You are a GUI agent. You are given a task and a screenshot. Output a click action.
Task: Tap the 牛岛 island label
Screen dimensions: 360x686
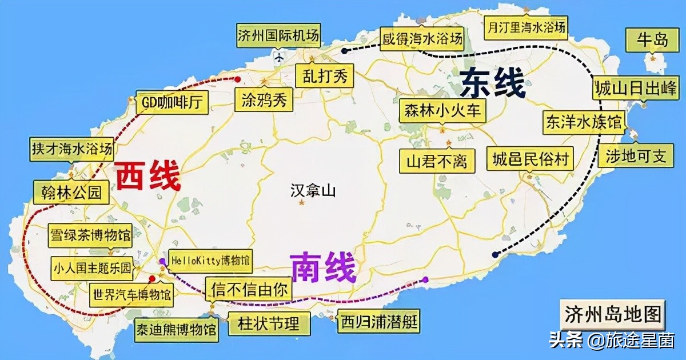(x=653, y=40)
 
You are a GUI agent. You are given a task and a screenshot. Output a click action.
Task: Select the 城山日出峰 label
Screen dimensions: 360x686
(x=635, y=89)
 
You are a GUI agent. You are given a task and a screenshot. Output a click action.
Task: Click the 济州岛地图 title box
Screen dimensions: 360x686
(x=613, y=314)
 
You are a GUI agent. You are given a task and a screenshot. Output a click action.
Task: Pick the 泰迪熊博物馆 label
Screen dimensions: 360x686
(x=177, y=330)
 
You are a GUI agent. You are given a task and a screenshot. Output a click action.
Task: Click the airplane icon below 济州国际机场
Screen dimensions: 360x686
(x=279, y=56)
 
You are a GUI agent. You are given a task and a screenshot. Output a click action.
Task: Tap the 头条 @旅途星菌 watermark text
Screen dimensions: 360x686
(x=611, y=342)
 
